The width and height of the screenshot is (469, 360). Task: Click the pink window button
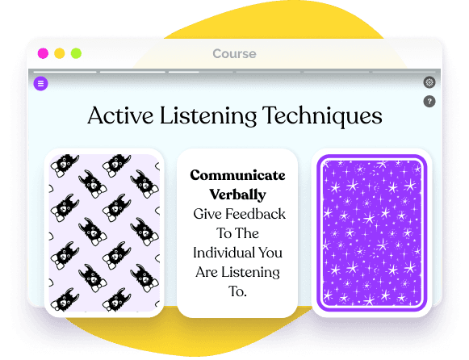43,53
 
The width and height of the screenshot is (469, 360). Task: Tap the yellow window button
59,53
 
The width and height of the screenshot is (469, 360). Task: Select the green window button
76,53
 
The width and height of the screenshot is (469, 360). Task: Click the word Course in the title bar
234,54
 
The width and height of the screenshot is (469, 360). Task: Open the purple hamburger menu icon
41,83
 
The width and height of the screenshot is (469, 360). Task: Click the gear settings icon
429,82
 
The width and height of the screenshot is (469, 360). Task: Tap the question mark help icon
429,102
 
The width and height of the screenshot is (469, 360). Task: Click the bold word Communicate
237,175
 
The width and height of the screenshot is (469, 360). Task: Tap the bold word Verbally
237,195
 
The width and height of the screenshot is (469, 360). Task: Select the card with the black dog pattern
104,233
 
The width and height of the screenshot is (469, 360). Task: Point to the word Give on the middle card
207,214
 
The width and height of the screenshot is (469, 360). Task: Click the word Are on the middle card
207,272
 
